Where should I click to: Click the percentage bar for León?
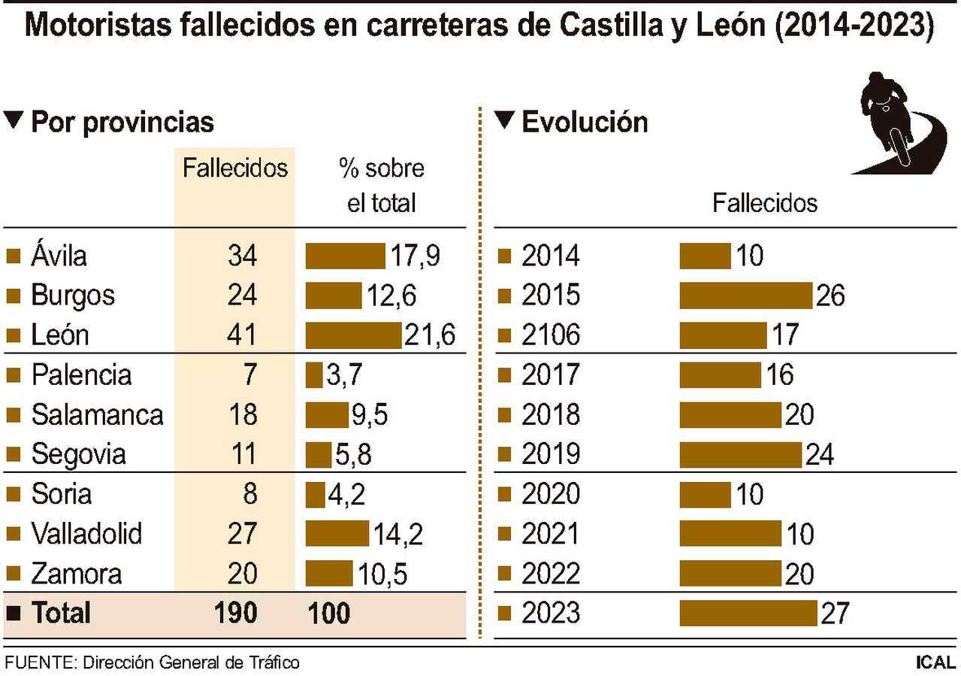(353, 335)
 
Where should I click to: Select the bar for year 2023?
(748, 613)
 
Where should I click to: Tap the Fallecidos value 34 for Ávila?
(242, 256)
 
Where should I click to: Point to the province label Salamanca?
(97, 414)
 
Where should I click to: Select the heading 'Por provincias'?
(122, 122)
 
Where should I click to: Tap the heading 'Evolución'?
(584, 122)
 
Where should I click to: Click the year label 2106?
(551, 335)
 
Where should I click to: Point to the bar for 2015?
(745, 296)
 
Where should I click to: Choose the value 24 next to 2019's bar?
(818, 454)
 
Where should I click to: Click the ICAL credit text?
(935, 662)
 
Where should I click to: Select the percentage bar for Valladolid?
(337, 534)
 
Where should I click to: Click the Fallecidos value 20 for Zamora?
(242, 574)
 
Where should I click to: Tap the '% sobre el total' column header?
(381, 185)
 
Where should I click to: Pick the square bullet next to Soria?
(12, 494)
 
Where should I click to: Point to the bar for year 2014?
(705, 256)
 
